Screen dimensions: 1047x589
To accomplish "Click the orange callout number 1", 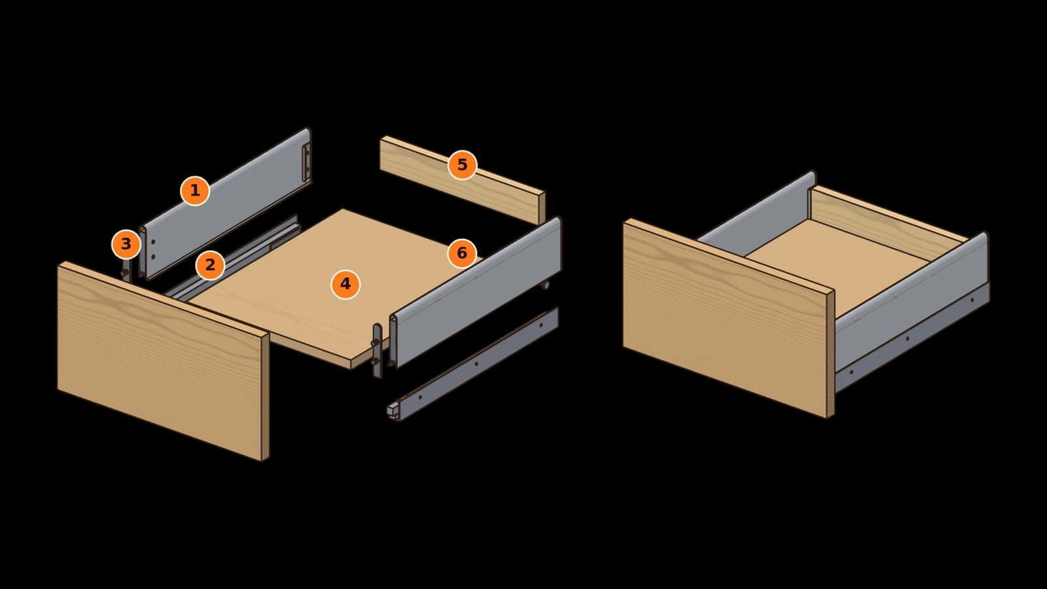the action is coord(195,190).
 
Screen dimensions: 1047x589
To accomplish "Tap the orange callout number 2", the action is coord(210,265).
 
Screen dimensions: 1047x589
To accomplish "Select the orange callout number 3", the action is coord(126,244).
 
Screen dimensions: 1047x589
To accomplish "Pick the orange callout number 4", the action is coord(346,284).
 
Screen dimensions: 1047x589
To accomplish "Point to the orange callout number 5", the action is coord(462,164).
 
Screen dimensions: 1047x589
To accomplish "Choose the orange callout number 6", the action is coord(462,253).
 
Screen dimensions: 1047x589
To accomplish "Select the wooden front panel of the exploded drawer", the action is coord(164,361).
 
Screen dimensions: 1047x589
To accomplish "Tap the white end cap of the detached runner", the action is coord(393,410).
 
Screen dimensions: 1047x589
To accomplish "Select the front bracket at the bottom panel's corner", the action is coord(377,351).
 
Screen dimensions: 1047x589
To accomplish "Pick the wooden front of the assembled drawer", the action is coord(729,318).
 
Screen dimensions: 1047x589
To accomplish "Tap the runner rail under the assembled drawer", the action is coord(912,336).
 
